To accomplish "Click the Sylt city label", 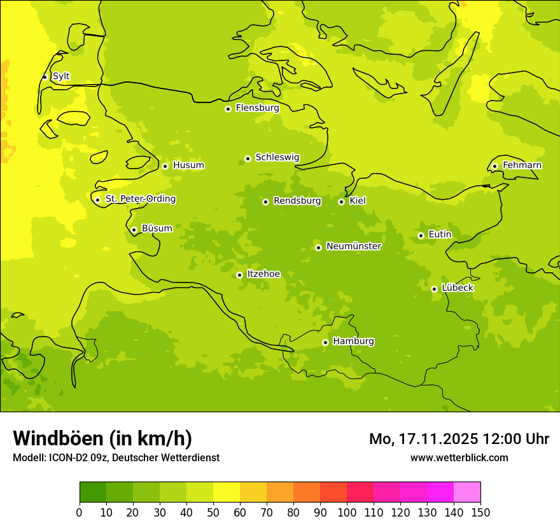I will click(61, 76).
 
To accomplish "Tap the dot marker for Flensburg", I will click(228, 109).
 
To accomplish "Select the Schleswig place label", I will click(277, 158).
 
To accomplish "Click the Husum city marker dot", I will click(165, 166).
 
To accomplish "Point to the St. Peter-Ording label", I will click(140, 199).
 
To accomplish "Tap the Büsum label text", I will click(157, 228).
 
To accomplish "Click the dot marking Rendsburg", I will click(265, 202).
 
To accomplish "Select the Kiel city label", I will click(358, 201).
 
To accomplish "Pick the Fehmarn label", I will click(522, 165).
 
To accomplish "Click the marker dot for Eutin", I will click(421, 235).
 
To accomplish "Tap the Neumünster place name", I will click(353, 246).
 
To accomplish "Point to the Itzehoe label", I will click(263, 274).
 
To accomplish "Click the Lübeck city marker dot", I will click(434, 289).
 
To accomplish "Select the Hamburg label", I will click(353, 341).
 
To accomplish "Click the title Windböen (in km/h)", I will click(102, 438).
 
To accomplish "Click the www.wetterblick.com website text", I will click(459, 457).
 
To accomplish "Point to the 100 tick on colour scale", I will click(347, 512).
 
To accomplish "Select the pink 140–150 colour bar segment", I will click(467, 492).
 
